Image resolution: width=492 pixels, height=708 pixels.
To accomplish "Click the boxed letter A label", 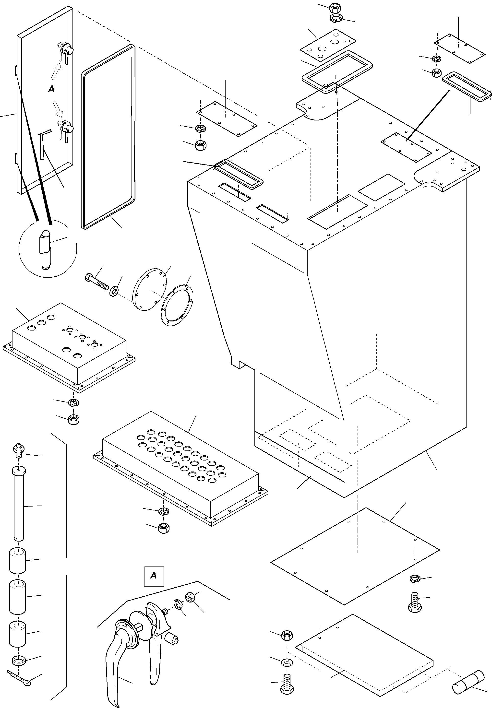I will coord(154,576).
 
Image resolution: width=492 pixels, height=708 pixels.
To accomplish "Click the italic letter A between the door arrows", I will coord(51,89).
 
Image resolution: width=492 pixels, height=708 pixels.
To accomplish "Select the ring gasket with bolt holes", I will coord(177,305).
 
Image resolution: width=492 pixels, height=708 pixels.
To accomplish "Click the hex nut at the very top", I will coord(335,7).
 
